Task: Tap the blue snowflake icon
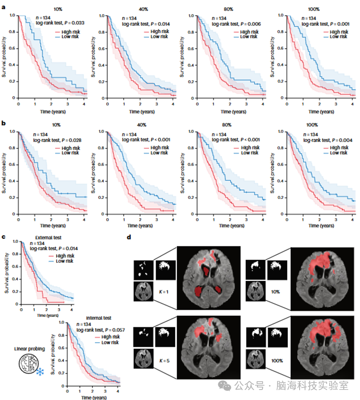tap(40, 372)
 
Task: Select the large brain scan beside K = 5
tap(208, 347)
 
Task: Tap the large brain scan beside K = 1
tap(208, 278)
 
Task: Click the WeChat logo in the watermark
tap(226, 386)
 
